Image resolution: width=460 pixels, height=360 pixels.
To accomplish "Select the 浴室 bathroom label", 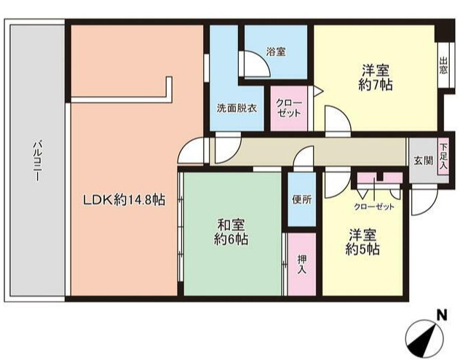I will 275,52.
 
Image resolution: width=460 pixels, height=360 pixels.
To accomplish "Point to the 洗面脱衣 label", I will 237,108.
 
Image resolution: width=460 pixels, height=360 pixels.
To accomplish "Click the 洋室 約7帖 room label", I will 376,78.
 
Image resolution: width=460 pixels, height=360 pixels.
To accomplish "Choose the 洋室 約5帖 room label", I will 362,242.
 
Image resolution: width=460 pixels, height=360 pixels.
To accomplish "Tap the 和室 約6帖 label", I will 231,231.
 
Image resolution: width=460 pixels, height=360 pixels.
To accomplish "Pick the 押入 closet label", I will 301,263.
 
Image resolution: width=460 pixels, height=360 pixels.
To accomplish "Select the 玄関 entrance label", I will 422,160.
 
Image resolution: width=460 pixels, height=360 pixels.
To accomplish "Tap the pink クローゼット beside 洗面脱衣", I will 289,108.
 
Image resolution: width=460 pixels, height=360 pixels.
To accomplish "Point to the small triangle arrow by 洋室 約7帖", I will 317,90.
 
